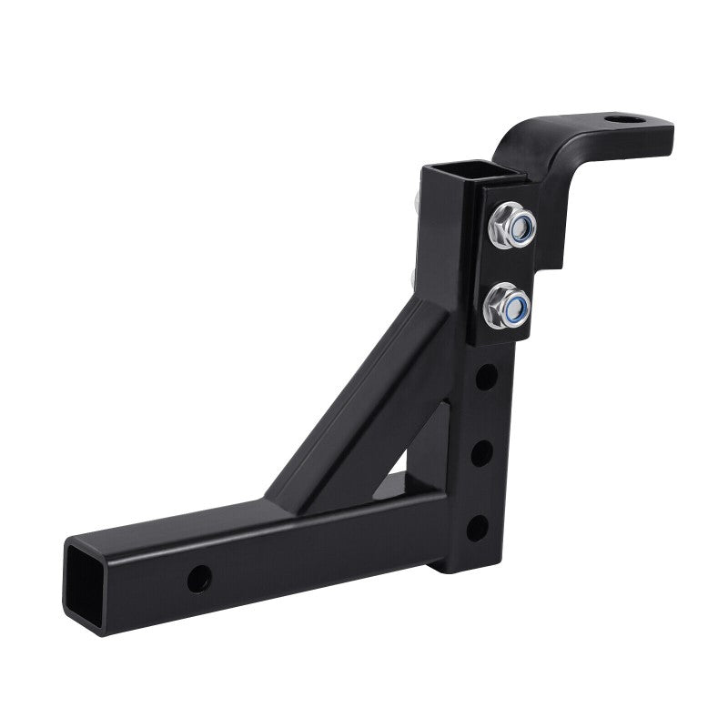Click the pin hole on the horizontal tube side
tap(197, 575)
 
